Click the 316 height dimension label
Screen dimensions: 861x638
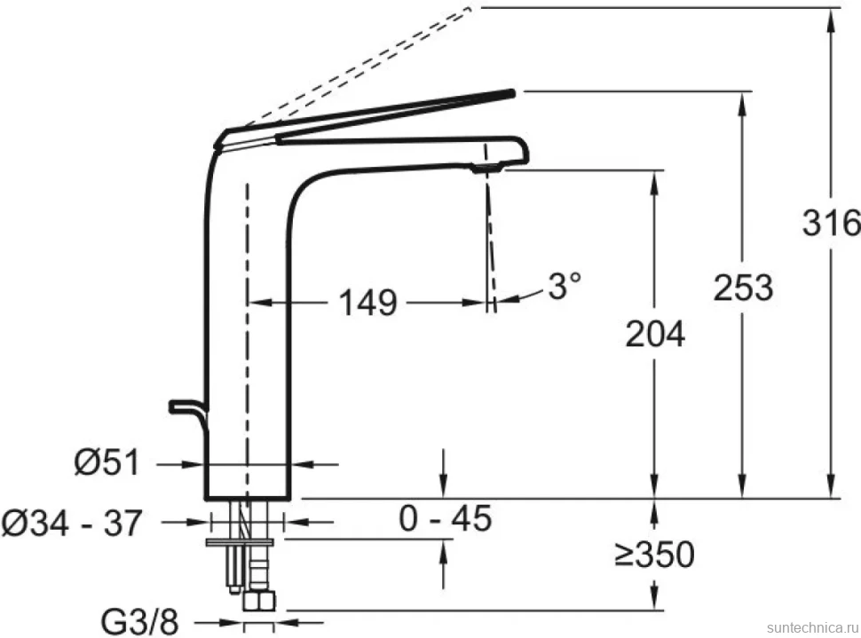point(831,223)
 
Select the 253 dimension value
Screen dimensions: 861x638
point(743,287)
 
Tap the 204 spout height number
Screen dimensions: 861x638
point(655,334)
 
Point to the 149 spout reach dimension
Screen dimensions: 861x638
point(367,303)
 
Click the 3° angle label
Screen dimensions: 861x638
point(565,286)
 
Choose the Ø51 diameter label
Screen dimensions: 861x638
point(107,462)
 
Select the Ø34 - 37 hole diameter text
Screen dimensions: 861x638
point(72,523)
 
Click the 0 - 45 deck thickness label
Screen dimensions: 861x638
point(445,518)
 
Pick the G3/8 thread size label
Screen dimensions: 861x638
point(140,623)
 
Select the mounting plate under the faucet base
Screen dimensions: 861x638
point(240,542)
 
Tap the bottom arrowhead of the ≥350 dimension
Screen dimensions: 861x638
point(654,603)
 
